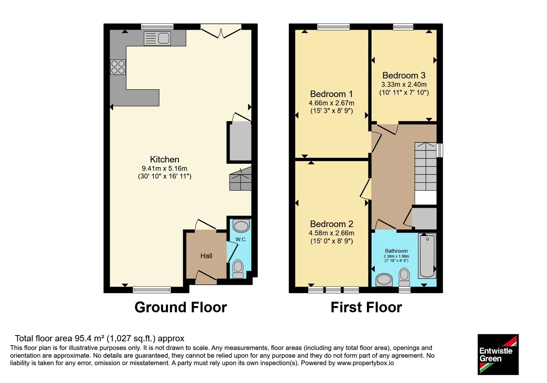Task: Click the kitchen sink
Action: click(157, 38)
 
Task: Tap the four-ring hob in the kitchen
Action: click(118, 67)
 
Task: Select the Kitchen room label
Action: click(164, 159)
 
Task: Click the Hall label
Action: click(206, 256)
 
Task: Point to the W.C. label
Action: click(241, 239)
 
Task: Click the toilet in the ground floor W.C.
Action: click(238, 269)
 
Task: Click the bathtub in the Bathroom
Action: click(427, 256)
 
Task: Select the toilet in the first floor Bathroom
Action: click(404, 277)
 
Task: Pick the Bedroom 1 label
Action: click(331, 94)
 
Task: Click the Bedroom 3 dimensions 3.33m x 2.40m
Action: click(404, 84)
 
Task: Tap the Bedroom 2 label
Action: click(331, 224)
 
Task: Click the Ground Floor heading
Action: click(181, 307)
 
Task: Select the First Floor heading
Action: click(366, 307)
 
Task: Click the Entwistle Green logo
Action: click(498, 354)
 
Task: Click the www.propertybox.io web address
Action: click(365, 363)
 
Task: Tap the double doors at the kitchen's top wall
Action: click(221, 31)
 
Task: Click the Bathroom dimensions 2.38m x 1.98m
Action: click(396, 256)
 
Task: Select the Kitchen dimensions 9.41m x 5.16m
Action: click(164, 169)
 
